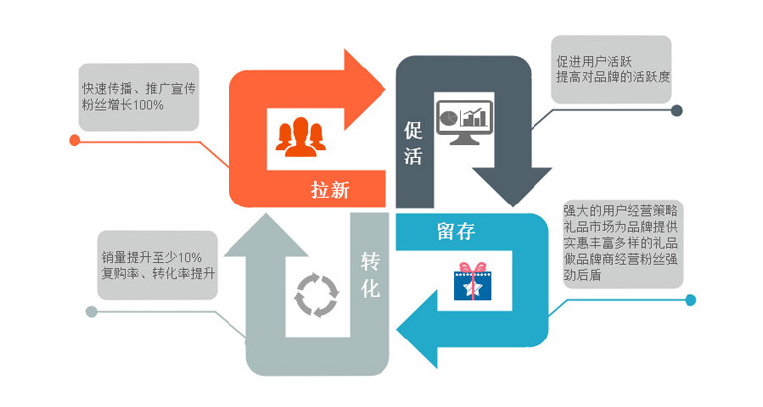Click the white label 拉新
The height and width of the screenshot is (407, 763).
point(330,190)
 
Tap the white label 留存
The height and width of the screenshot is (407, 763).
point(456,231)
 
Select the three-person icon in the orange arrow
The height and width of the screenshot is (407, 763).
point(301,137)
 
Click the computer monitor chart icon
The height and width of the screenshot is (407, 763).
point(464,122)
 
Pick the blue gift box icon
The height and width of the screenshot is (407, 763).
point(473,282)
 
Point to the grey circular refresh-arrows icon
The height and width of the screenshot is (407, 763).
point(316,295)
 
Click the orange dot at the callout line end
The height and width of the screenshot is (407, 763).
point(75,141)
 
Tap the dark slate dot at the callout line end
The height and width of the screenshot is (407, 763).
point(676,111)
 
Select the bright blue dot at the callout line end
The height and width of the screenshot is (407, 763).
point(690,300)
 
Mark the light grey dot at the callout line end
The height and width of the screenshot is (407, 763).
point(91,312)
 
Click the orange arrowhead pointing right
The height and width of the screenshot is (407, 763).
point(365,89)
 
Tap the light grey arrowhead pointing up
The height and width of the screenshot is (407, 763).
point(265,235)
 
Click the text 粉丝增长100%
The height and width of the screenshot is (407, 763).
point(123,105)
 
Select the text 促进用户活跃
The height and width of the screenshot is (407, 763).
point(594,62)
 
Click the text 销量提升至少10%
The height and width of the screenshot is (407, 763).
point(151,257)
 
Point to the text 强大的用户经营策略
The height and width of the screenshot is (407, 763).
point(620,211)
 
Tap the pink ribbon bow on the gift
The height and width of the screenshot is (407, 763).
point(473,268)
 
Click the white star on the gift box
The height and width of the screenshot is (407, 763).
point(471,287)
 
